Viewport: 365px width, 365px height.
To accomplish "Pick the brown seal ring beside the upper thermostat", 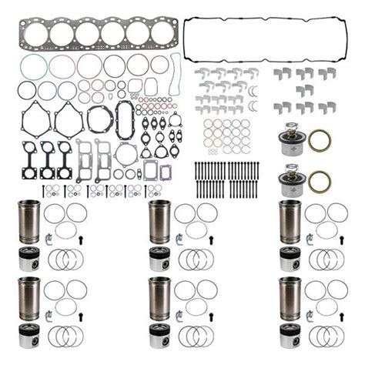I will point(320,141).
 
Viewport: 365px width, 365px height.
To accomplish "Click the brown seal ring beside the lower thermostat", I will point(320,182).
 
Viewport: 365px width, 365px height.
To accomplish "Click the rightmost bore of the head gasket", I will point(163,34).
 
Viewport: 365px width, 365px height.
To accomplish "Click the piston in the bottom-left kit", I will point(28,332).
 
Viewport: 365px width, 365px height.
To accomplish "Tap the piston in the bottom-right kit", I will point(290,332).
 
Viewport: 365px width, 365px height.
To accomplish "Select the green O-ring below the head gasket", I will point(31,67).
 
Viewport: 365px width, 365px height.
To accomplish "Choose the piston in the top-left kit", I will point(28,260).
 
